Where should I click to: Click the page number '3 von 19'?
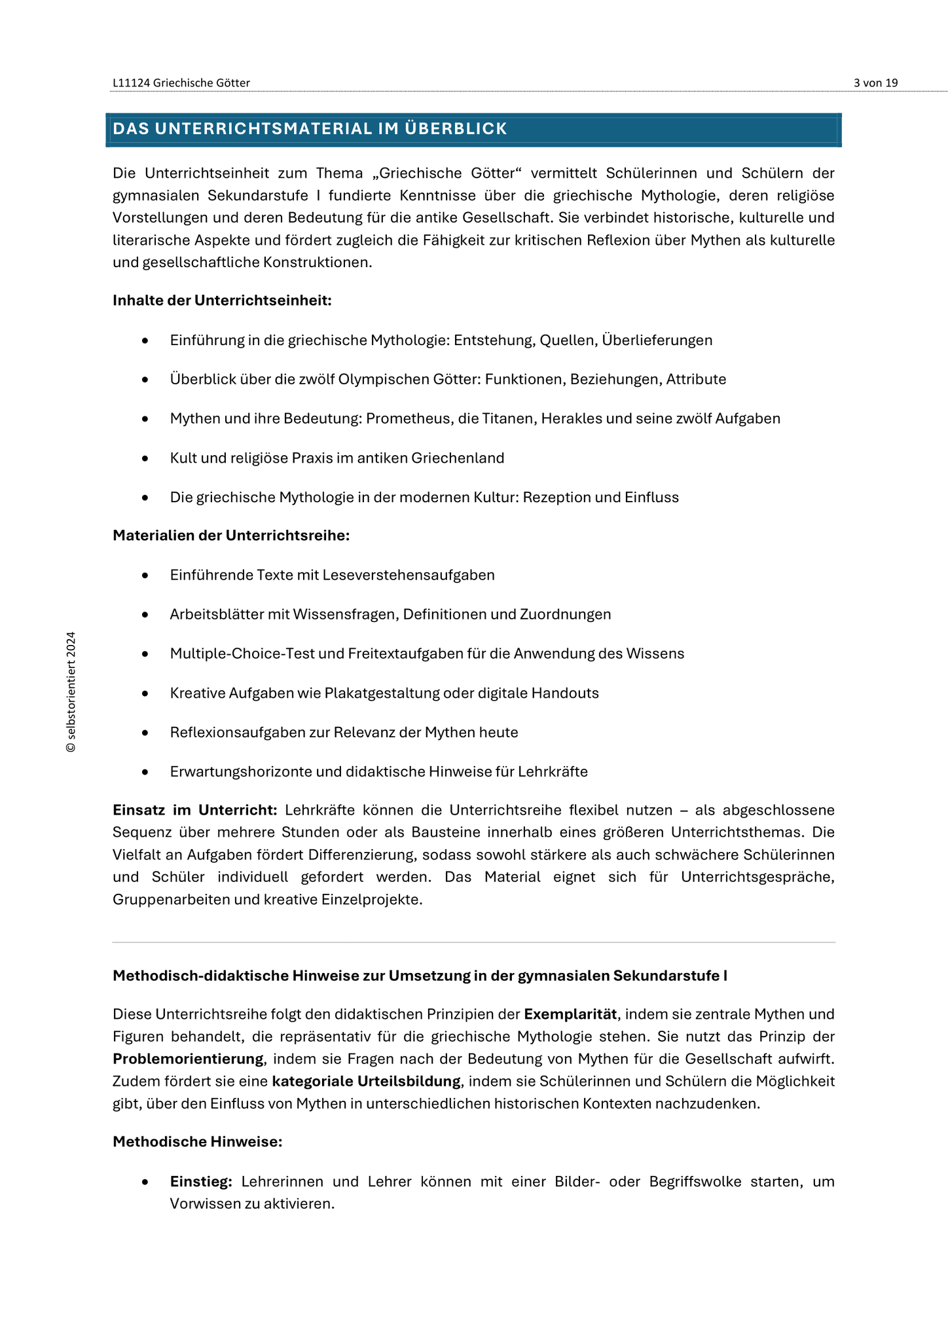pos(875,83)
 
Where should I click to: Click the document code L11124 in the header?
pos(132,83)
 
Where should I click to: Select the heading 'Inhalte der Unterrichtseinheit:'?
pos(222,301)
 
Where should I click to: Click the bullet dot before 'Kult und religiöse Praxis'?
pos(145,458)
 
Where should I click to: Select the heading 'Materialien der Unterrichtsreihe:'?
pos(231,536)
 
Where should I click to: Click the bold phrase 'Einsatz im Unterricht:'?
pos(195,810)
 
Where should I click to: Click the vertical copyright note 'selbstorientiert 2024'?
pos(71,692)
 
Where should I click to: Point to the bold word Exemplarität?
pos(570,1014)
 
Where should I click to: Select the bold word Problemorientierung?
pos(188,1059)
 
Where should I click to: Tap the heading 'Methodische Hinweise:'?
pos(197,1142)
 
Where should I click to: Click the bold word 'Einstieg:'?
pos(201,1182)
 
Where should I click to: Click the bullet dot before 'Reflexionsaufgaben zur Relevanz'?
pos(145,733)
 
